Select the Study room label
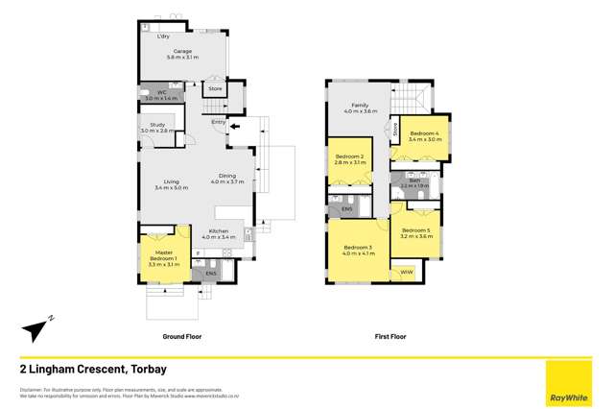[x=153, y=128]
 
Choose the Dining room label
[x=227, y=179]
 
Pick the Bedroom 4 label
[x=423, y=135]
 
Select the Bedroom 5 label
[x=415, y=232]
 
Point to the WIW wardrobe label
[x=403, y=273]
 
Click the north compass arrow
[x=35, y=329]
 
